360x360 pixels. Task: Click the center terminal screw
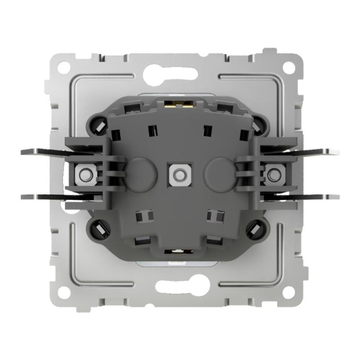[x=178, y=175]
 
